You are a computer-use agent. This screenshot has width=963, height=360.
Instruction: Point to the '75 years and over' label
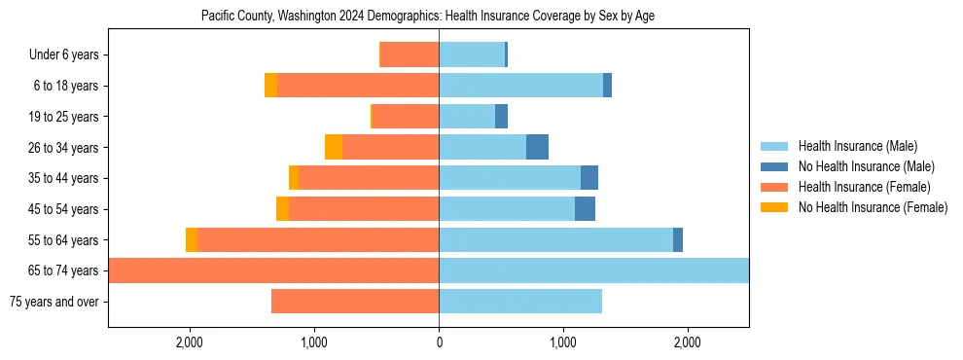point(53,302)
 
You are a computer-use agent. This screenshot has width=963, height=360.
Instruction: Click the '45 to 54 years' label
point(63,209)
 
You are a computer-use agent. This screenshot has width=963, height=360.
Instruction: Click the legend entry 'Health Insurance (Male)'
point(857,146)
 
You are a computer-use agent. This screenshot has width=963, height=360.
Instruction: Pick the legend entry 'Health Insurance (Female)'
point(864,187)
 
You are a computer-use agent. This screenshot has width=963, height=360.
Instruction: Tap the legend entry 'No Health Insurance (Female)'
point(873,207)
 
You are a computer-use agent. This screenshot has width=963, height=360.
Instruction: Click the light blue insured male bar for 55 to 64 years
point(555,239)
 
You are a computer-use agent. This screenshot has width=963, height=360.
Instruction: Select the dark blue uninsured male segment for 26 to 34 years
point(537,147)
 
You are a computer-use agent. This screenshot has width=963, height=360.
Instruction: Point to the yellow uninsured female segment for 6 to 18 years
point(270,86)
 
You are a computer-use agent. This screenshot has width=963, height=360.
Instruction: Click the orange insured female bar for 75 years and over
point(355,302)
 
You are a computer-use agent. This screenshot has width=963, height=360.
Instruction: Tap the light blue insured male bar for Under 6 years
point(472,55)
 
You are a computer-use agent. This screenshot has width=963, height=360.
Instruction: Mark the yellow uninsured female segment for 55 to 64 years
point(192,239)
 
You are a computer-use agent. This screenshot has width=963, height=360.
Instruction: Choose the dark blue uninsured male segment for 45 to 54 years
point(585,209)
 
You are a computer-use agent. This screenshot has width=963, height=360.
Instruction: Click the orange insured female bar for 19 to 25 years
point(406,117)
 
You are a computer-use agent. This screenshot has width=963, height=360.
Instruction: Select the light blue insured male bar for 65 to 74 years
point(593,270)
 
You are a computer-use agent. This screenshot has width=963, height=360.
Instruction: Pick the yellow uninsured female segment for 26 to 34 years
point(334,147)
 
